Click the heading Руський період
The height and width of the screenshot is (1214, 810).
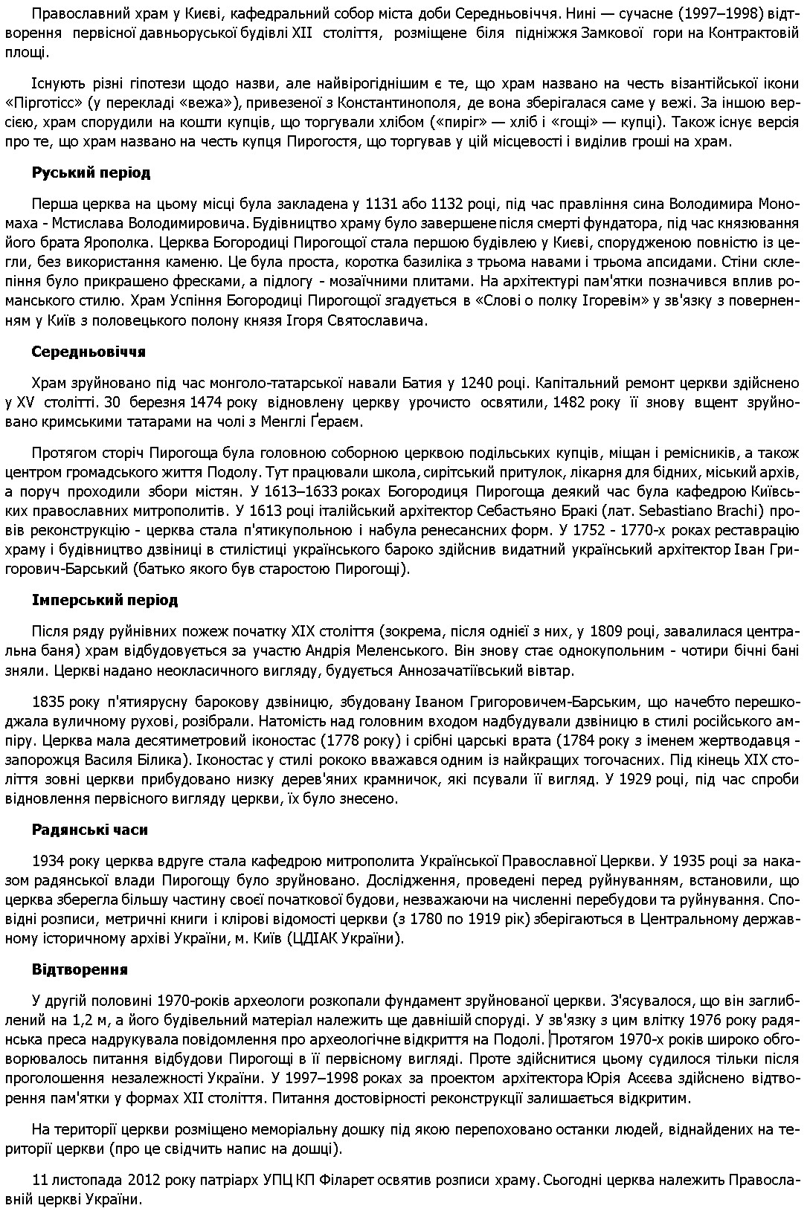91,172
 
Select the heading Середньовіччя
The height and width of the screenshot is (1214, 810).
89,352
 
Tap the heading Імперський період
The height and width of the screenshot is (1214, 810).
105,600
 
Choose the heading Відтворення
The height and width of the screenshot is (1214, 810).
80,969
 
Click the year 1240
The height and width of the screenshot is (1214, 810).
477,383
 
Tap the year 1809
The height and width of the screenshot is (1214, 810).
606,632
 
